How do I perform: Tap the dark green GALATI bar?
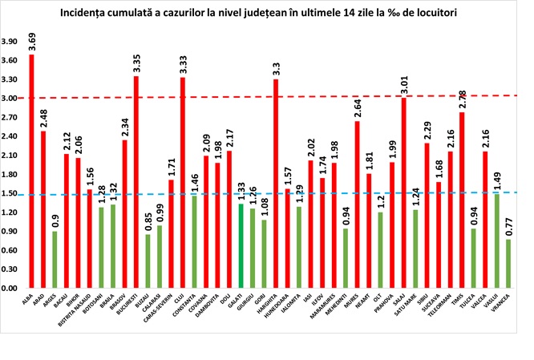tap(241, 245)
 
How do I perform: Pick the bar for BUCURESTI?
tap(136, 181)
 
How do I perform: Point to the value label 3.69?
tap(31, 39)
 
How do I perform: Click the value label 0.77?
tap(508, 224)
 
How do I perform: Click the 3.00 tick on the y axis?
tap(11, 98)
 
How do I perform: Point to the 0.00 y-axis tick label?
tap(11, 288)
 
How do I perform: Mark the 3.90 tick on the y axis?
tap(11, 41)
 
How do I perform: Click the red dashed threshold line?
tap(321, 97)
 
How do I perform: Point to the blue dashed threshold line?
tap(321, 193)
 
